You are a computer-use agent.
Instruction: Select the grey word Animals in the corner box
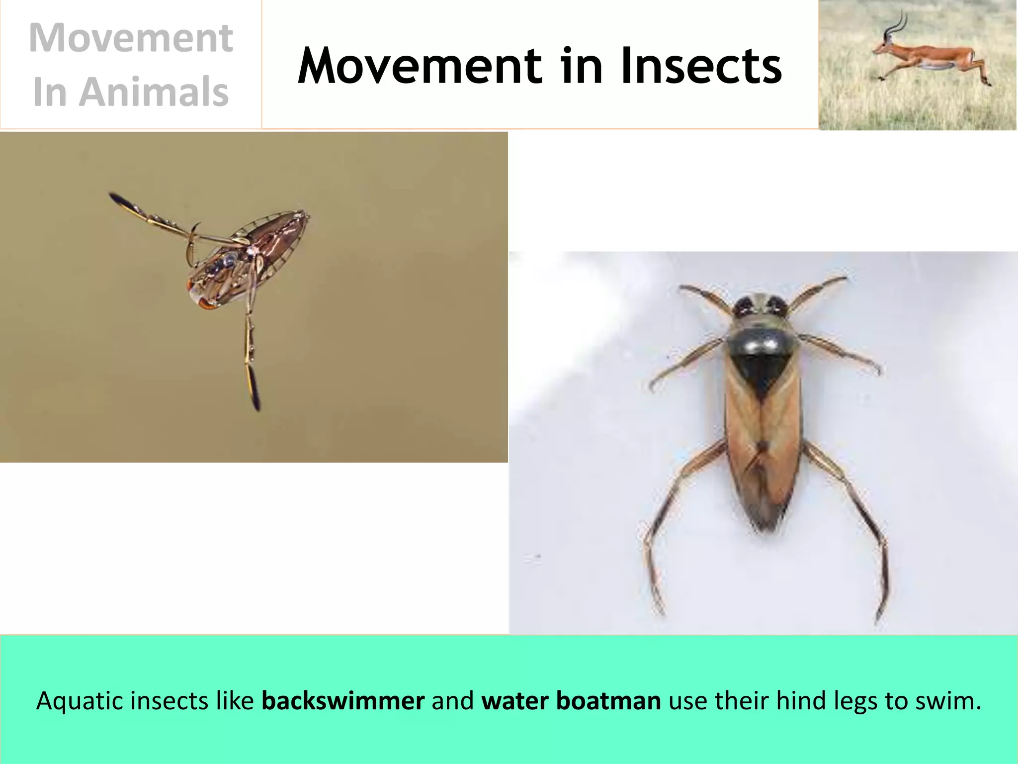tap(154, 92)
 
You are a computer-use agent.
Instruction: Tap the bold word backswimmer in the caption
tap(343, 700)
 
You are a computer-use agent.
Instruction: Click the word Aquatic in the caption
tap(80, 700)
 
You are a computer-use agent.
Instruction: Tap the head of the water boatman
tap(759, 306)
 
